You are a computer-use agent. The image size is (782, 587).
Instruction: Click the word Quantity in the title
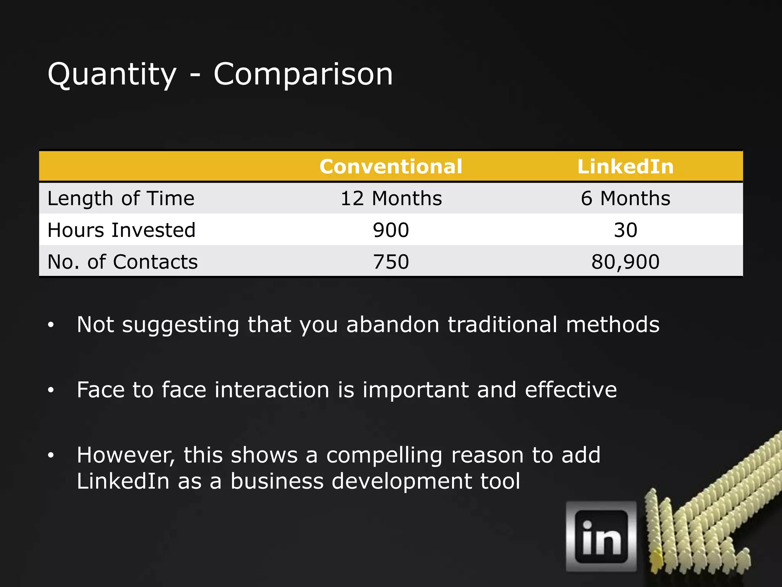(112, 75)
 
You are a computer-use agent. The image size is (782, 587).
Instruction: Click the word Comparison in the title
(303, 75)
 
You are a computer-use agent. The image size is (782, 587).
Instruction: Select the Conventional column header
(391, 167)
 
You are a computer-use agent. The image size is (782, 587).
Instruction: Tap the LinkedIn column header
(625, 167)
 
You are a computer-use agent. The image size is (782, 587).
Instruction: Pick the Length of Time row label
(121, 198)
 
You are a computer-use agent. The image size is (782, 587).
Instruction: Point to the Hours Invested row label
(121, 230)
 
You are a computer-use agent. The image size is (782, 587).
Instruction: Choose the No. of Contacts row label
(123, 262)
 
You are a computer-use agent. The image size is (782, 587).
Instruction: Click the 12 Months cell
(391, 198)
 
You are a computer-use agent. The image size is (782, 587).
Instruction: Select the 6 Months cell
(625, 198)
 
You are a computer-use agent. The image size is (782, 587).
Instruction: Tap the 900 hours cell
(391, 230)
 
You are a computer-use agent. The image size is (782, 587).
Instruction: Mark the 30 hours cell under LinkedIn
(625, 230)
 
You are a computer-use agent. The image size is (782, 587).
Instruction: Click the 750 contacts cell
(391, 262)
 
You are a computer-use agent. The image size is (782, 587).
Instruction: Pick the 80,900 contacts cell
(625, 262)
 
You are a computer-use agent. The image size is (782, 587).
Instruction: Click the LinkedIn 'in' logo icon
(601, 537)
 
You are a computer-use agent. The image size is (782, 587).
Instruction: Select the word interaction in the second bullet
(272, 390)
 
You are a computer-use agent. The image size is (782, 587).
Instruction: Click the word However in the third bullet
(126, 455)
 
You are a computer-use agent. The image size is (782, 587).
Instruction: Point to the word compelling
(385, 456)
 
